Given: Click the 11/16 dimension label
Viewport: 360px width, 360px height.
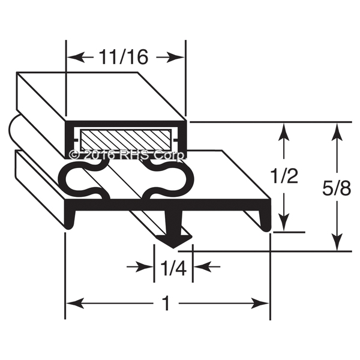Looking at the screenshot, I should (x=125, y=57).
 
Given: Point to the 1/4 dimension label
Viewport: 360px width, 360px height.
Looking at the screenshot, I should (x=172, y=266).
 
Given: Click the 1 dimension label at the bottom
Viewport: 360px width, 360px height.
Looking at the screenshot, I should (x=167, y=304).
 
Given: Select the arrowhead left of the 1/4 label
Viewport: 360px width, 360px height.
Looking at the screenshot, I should (x=148, y=266).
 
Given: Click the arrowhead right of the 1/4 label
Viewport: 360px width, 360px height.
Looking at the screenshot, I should (x=198, y=266).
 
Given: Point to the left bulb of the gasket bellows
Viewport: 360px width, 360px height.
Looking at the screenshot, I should (x=84, y=179).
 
